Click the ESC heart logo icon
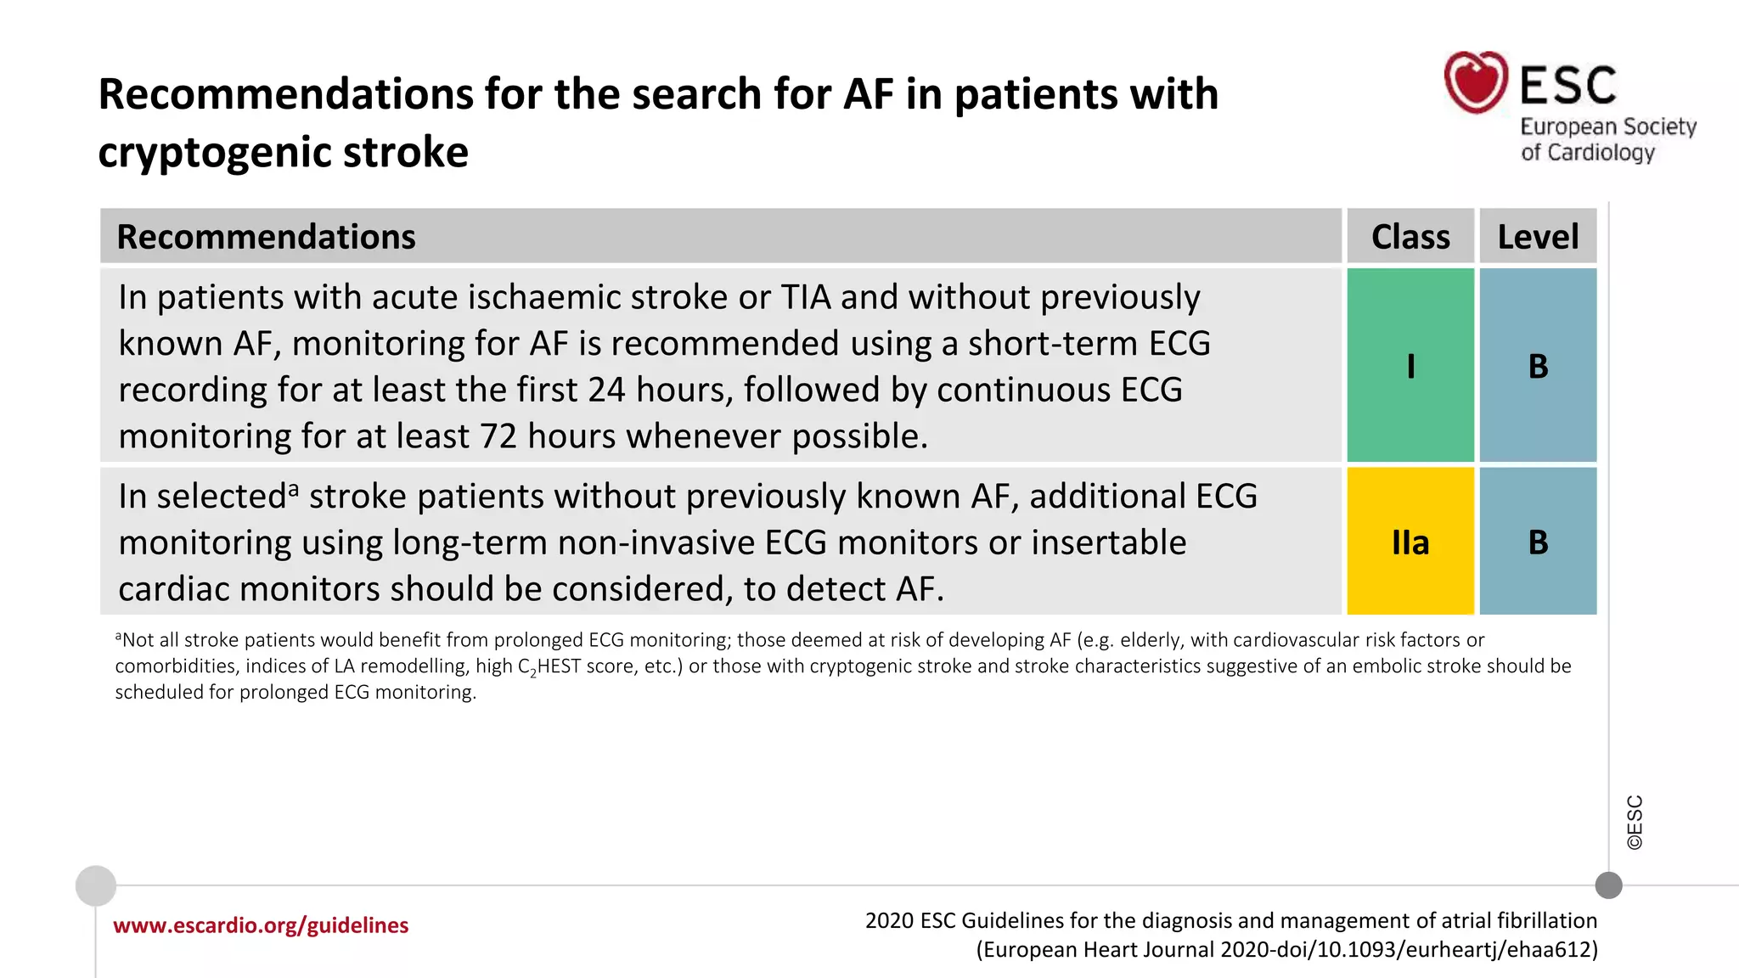point(1476,82)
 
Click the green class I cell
point(1410,366)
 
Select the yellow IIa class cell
point(1410,542)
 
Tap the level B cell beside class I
point(1538,366)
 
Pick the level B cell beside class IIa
point(1538,542)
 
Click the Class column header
point(1410,237)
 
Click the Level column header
point(1538,237)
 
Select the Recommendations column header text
point(266,237)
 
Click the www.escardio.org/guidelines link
point(261,925)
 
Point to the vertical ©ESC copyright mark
point(1635,822)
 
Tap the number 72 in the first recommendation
point(498,436)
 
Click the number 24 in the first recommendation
point(607,391)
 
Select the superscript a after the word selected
point(294,490)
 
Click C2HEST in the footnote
point(549,666)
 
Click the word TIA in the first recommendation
point(805,298)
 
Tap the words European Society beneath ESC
point(1607,126)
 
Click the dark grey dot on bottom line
point(1608,885)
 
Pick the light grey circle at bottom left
point(96,885)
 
